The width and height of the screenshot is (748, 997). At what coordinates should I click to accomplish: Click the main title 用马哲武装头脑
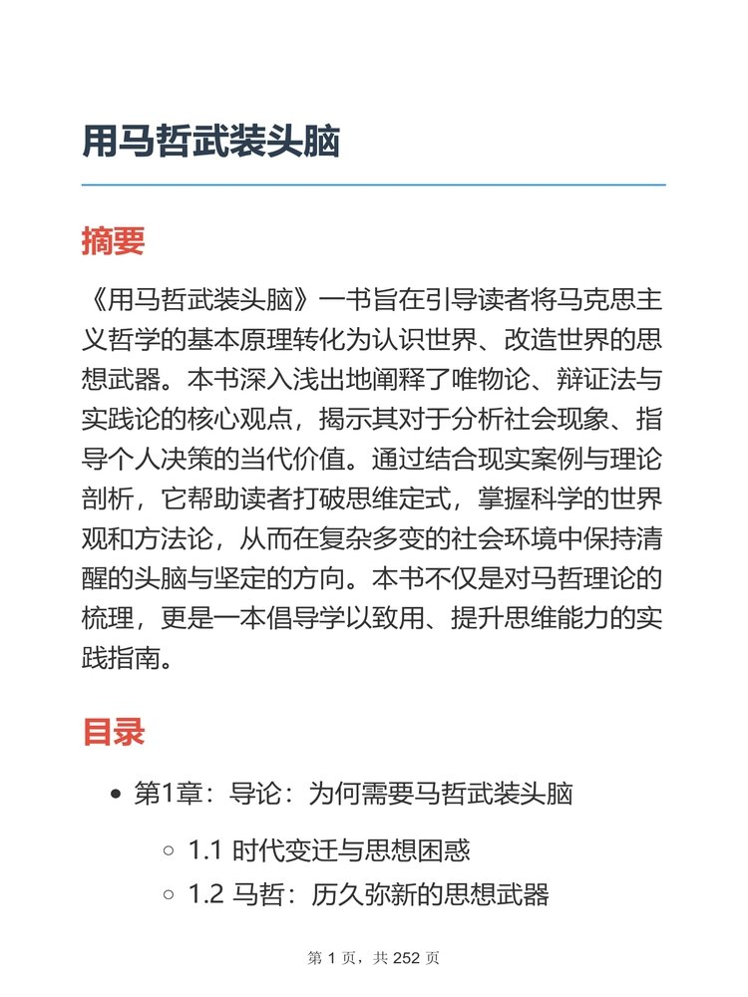211,142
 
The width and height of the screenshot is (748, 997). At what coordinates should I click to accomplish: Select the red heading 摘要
113,241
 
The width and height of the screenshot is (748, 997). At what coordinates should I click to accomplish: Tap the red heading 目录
113,732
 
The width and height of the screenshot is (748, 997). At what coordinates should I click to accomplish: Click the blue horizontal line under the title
373,185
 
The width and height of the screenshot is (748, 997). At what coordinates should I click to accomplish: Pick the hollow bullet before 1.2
169,894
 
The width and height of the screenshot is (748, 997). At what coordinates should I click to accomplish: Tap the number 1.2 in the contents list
206,894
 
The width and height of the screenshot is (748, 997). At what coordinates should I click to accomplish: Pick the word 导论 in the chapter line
248,795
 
